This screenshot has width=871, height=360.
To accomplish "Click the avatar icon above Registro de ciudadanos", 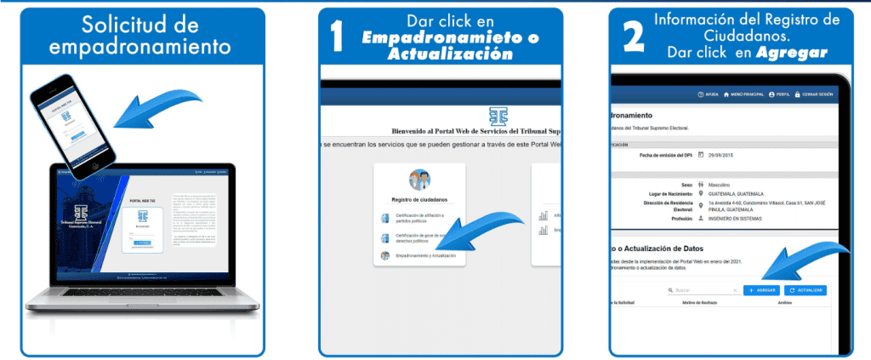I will pyautogui.click(x=419, y=180).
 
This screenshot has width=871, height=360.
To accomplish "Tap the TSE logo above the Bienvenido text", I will pyautogui.click(x=497, y=116).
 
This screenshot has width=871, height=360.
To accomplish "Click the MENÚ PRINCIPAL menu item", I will pyautogui.click(x=743, y=94).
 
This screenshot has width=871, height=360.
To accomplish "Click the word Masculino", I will pyautogui.click(x=724, y=184).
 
